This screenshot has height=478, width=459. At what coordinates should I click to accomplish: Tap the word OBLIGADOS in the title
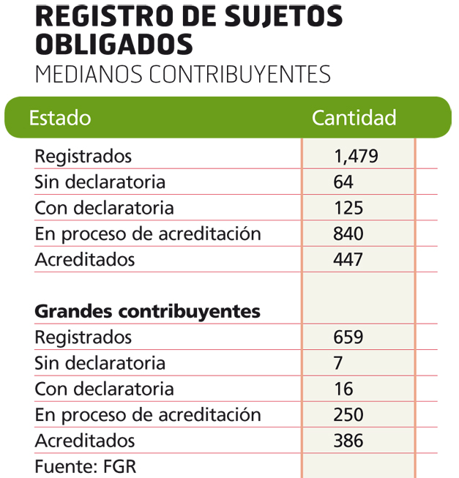pos(114,44)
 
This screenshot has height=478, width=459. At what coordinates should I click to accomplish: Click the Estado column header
pos(60,118)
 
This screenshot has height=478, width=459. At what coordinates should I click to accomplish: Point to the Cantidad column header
pos(354,118)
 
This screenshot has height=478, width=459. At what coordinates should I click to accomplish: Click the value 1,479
pos(356,156)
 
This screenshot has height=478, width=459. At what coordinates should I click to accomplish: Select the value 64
pos(343,182)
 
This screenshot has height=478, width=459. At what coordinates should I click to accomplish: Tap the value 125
pos(348,208)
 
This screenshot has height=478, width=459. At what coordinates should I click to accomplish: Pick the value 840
pos(348,234)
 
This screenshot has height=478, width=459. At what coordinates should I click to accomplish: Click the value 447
pos(348,259)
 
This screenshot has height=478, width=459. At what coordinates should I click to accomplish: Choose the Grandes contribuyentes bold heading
pos(148,311)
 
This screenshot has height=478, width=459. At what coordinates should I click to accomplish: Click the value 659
pos(348,337)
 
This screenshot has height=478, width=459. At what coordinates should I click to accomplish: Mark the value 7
pos(338,363)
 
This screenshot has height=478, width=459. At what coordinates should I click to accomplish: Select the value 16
pos(343,389)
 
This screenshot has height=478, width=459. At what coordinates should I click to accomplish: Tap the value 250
pos(348,414)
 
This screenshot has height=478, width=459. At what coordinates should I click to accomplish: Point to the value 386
pos(348,441)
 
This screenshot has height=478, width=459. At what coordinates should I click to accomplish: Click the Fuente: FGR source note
pos(86,466)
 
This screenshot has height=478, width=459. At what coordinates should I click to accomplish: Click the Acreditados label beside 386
pos(85,441)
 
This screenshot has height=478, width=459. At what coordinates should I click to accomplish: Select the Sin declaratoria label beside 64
pos(100,182)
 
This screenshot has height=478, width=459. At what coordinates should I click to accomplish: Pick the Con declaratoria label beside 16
pos(105,389)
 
